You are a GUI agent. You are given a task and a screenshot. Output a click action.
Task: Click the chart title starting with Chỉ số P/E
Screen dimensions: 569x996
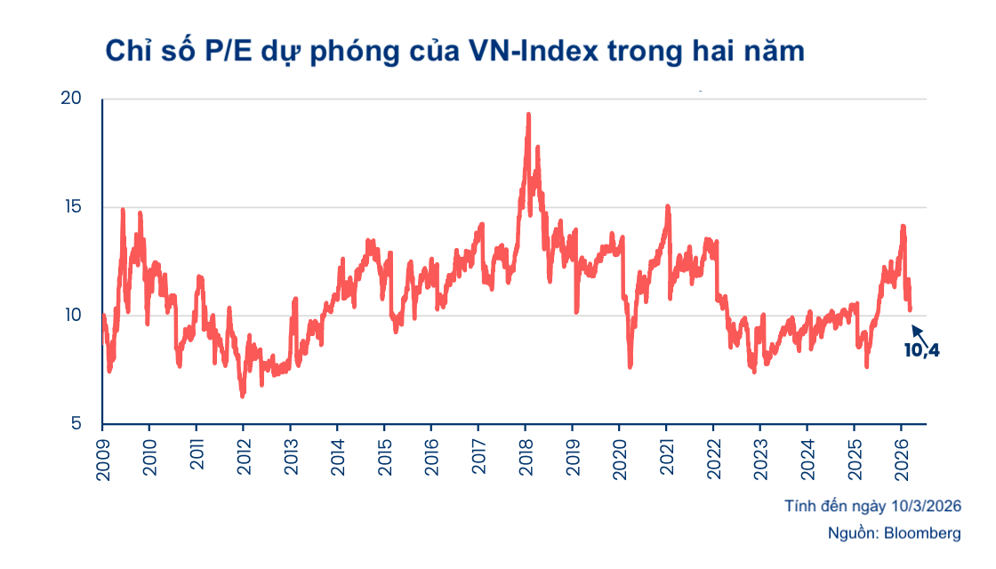point(454,51)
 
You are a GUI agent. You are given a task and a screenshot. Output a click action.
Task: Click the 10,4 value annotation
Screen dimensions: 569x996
point(921,350)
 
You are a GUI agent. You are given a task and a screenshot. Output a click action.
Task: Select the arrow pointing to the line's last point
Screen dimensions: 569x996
point(919,335)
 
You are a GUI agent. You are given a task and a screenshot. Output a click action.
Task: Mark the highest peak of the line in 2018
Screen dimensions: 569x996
point(528,115)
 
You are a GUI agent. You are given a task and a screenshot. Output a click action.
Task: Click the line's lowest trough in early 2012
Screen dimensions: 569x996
point(242,396)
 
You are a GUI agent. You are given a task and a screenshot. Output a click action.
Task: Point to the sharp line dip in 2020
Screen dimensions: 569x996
point(630,365)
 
